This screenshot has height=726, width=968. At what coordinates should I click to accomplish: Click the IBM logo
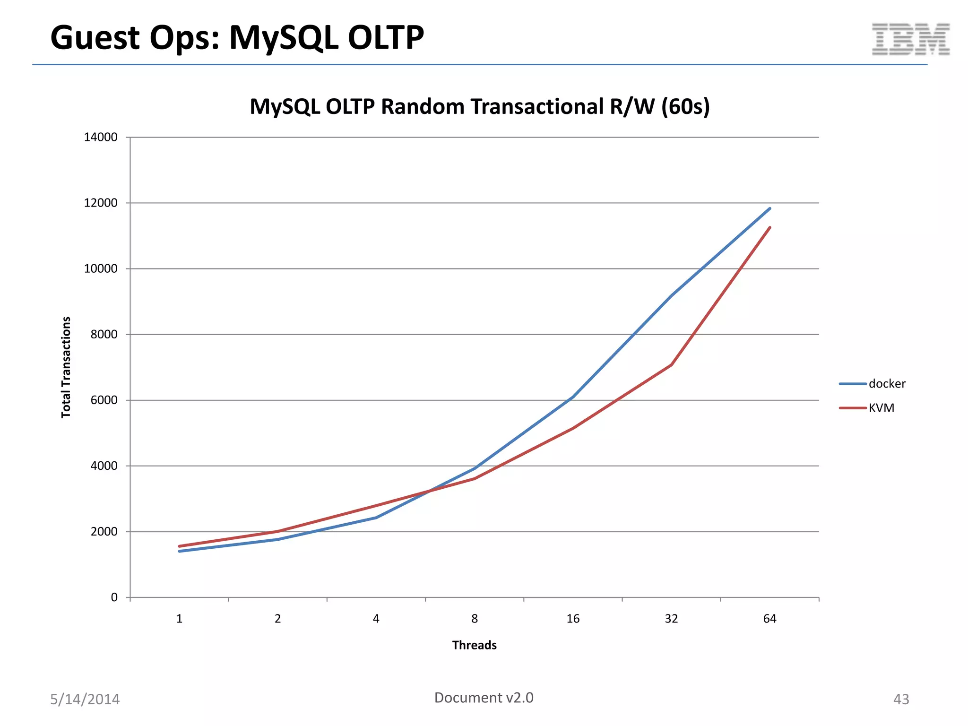pos(910,40)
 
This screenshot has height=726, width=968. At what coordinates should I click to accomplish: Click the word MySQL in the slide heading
pos(284,38)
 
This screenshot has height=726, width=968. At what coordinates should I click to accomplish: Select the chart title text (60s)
pos(685,107)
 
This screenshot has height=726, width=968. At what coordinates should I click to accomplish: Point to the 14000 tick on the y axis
pos(100,137)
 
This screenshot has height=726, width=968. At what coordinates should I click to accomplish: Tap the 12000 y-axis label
pos(100,203)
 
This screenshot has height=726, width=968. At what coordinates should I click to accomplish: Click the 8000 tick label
pos(104,334)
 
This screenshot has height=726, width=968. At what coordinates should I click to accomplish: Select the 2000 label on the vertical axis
pos(104,531)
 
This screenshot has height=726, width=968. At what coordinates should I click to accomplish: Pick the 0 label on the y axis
pos(114,597)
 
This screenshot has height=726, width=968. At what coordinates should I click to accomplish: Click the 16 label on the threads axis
pos(573,619)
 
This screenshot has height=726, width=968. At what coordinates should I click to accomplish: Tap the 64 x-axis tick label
pos(769,619)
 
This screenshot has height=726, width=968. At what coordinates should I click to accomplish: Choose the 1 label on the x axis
pos(179,619)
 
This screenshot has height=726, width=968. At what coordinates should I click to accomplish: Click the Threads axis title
pos(474,645)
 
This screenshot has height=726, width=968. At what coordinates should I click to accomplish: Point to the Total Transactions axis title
pos(66,367)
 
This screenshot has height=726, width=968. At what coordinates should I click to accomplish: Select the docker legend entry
pos(886,384)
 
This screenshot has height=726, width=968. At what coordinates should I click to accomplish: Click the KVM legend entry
pos(881,408)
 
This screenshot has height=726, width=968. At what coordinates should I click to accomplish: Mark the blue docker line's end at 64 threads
pos(769,208)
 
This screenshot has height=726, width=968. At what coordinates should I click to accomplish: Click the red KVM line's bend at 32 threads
pos(671,364)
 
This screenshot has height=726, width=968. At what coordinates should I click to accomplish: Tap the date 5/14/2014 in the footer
pos(85,699)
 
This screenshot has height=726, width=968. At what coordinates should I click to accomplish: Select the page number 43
pos(901,699)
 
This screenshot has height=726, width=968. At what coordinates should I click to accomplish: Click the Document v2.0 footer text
pos(484,698)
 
